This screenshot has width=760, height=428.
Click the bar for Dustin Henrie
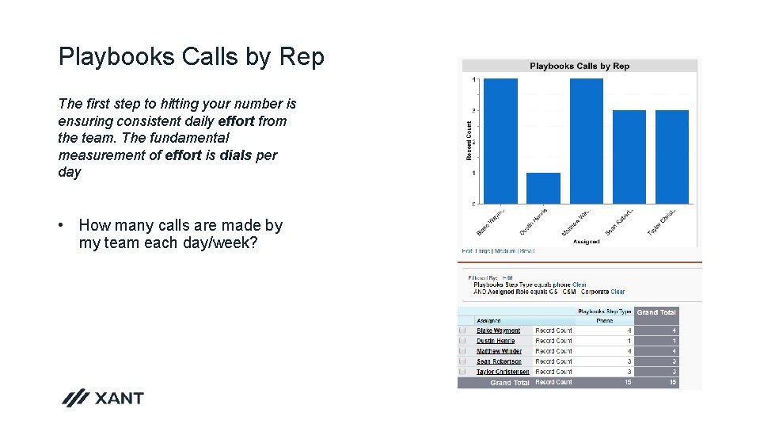point(543,188)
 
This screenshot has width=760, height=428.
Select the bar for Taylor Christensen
point(672,156)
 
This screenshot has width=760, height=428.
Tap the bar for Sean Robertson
point(629,156)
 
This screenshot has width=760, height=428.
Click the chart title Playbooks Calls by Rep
point(579,66)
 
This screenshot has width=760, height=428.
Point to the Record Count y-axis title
point(469,140)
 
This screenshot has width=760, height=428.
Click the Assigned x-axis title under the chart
point(586,242)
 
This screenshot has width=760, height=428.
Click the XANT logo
point(103,398)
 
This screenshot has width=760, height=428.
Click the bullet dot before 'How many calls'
point(61,226)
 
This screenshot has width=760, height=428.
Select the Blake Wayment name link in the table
point(498,331)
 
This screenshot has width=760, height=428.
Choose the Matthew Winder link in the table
point(499,351)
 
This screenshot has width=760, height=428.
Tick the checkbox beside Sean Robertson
point(462,361)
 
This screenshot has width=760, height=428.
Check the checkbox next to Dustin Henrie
point(462,341)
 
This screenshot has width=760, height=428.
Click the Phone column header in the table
point(604,321)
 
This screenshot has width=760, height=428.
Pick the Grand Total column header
point(656,312)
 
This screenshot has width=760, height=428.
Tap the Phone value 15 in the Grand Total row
point(628,383)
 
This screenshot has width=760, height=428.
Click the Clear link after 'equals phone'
point(579,285)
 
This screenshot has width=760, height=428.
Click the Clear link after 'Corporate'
point(617,292)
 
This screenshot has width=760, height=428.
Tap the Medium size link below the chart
point(504,251)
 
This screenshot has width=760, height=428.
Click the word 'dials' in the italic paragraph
point(236,155)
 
